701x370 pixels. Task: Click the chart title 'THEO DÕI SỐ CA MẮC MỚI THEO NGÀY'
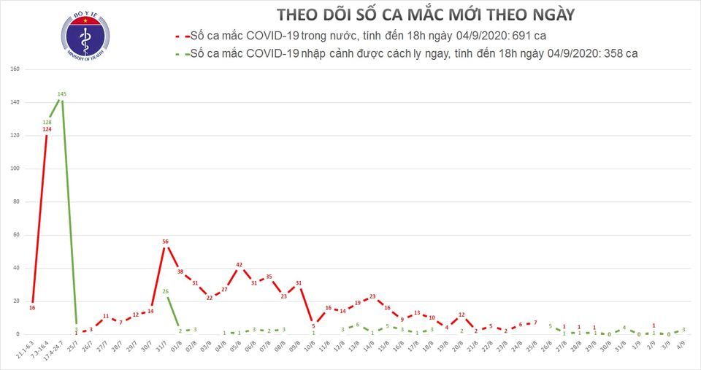click(425, 15)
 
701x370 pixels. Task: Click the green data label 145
click(62, 94)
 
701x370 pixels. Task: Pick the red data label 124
click(47, 129)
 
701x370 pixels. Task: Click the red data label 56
click(166, 242)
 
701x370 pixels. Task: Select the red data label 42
click(239, 265)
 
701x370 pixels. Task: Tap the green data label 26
click(165, 291)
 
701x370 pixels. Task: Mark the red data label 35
click(269, 277)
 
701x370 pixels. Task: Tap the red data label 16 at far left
click(32, 308)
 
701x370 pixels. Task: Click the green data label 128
click(47, 122)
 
